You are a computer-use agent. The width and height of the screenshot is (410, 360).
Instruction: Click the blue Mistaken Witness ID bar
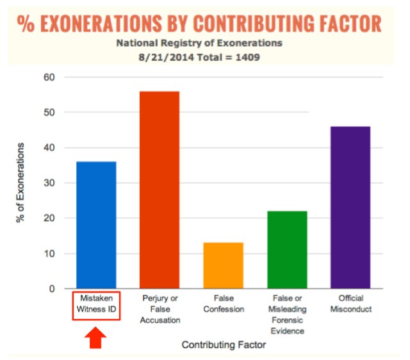point(96,225)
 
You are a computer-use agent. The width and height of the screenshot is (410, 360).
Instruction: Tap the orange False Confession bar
point(223,265)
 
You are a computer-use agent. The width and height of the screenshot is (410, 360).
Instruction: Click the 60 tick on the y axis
point(50,78)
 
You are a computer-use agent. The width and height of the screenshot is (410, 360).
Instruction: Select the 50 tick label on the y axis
point(50,113)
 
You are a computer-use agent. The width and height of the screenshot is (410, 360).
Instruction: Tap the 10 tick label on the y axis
point(50,254)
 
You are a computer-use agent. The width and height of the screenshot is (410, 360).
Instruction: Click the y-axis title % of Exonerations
point(20,183)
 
